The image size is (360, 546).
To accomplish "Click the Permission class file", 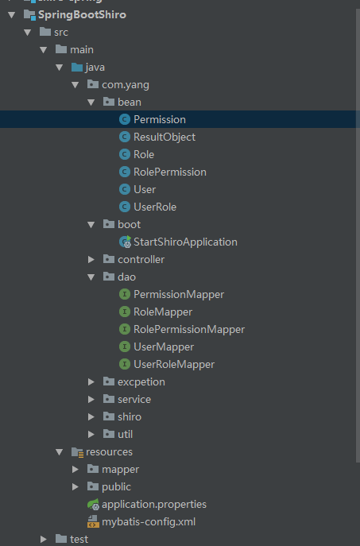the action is coord(160,119).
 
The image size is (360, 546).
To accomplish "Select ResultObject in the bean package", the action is coord(165,137).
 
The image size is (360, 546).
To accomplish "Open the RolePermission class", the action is coord(170,172).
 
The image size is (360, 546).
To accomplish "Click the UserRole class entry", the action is coord(155,207).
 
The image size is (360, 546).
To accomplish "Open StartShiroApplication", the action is coord(185,242).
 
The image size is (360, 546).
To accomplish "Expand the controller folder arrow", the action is coord(91,259).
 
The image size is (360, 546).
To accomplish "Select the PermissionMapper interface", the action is coord(179,294).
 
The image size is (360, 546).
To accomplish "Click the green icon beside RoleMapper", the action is coord(124,312).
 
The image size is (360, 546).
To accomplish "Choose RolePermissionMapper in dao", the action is coord(189,329).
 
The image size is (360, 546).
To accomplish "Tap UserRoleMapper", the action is coord(174,364).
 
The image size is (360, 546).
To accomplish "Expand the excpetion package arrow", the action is coord(91,381).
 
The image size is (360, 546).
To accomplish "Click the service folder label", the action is coord(134,400).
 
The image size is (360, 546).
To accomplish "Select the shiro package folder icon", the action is coord(109,416).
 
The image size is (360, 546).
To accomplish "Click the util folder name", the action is coord(125,434).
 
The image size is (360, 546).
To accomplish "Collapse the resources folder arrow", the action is coord(59,452).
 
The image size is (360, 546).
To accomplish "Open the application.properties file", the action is coord(154,504).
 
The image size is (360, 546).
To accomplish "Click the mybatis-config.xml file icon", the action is coord(93,521).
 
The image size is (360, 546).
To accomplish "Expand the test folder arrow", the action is coord(44,539).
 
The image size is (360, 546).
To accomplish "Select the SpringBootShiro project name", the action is coord(82,14).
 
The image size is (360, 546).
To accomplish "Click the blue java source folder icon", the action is coord(77,67).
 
